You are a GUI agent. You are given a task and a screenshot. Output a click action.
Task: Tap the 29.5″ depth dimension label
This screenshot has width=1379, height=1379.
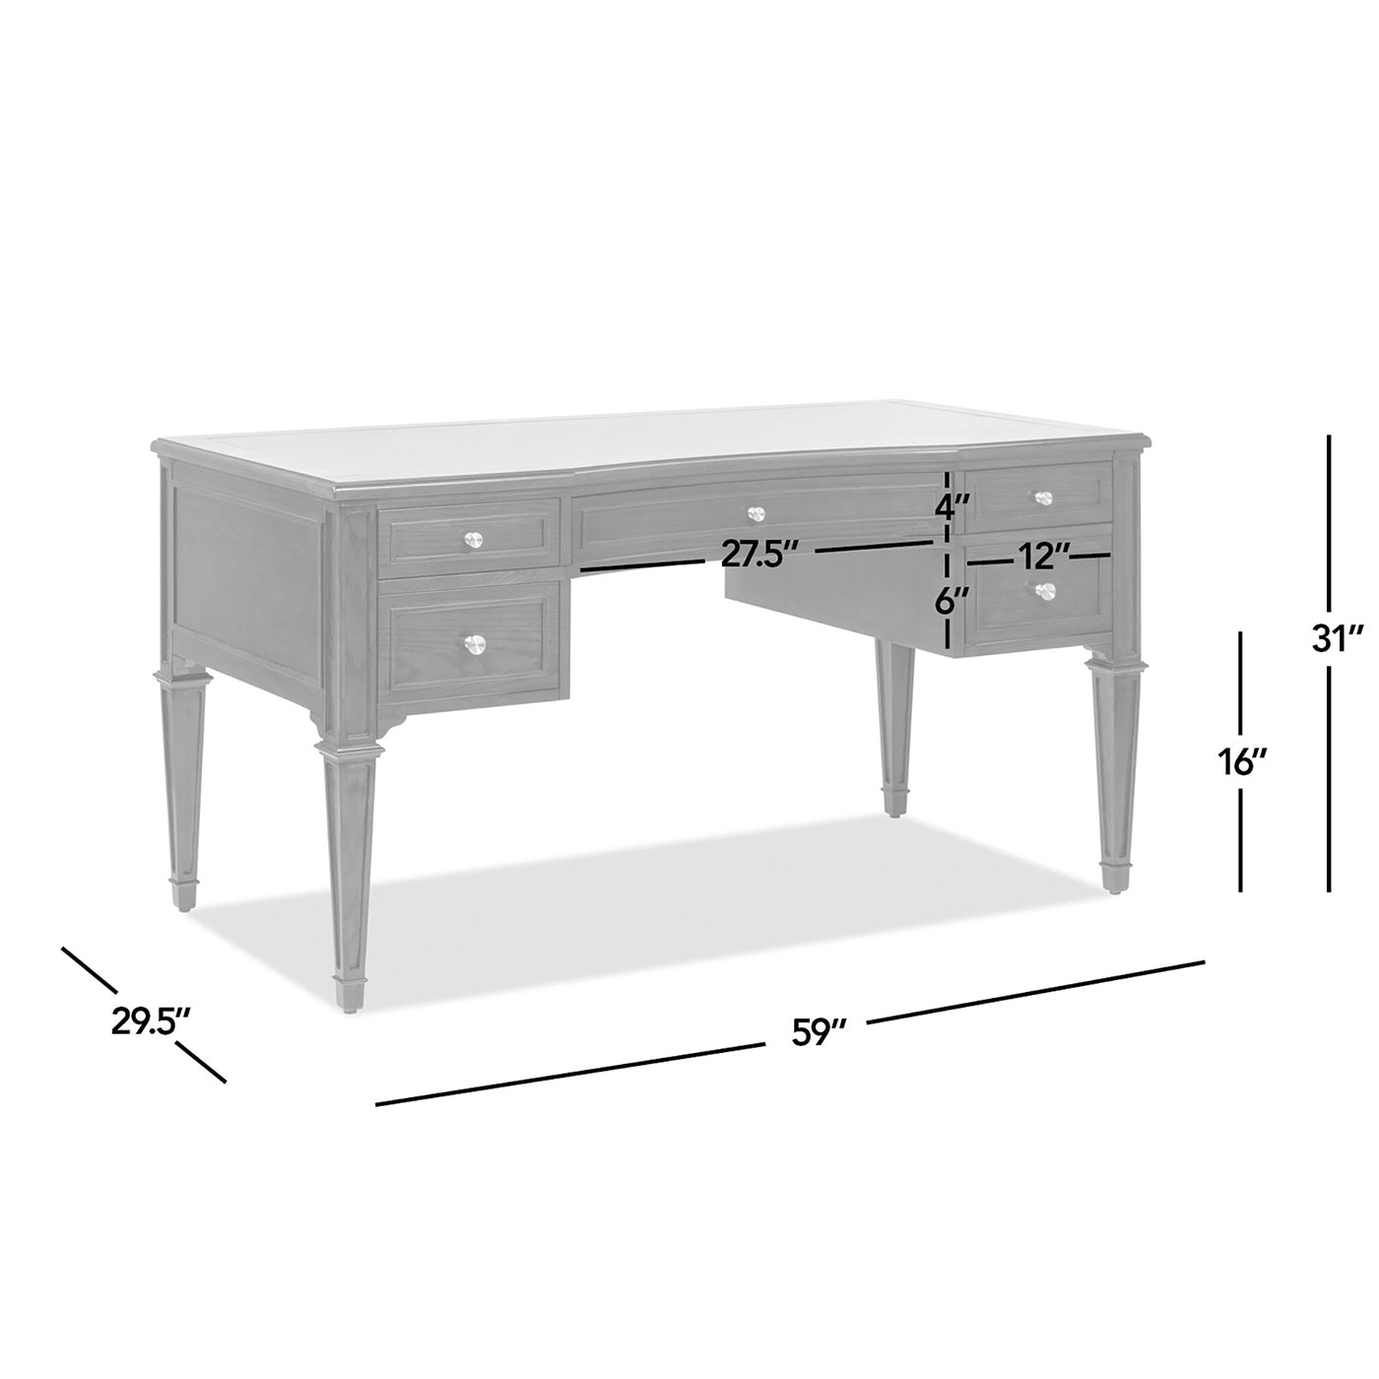coord(150,1021)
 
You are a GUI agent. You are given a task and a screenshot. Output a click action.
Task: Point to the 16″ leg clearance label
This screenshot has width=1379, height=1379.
coord(1239,760)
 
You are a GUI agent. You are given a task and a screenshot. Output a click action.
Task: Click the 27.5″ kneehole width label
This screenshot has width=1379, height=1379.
coord(757,555)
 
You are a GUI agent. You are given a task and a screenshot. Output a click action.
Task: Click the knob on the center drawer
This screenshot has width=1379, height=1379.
coord(755,513)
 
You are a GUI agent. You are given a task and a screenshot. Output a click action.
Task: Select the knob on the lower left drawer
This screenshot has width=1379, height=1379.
coord(476,643)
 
